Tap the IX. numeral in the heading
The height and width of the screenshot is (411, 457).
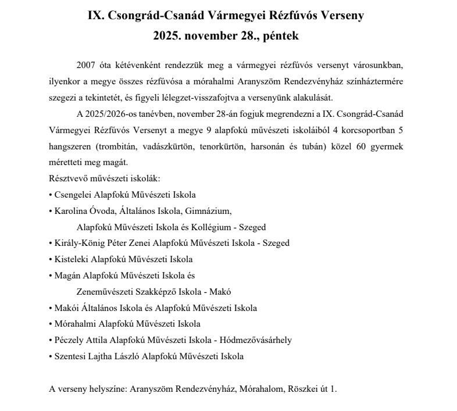[x=97, y=16]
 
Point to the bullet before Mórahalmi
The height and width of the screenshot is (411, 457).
[x=51, y=324]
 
